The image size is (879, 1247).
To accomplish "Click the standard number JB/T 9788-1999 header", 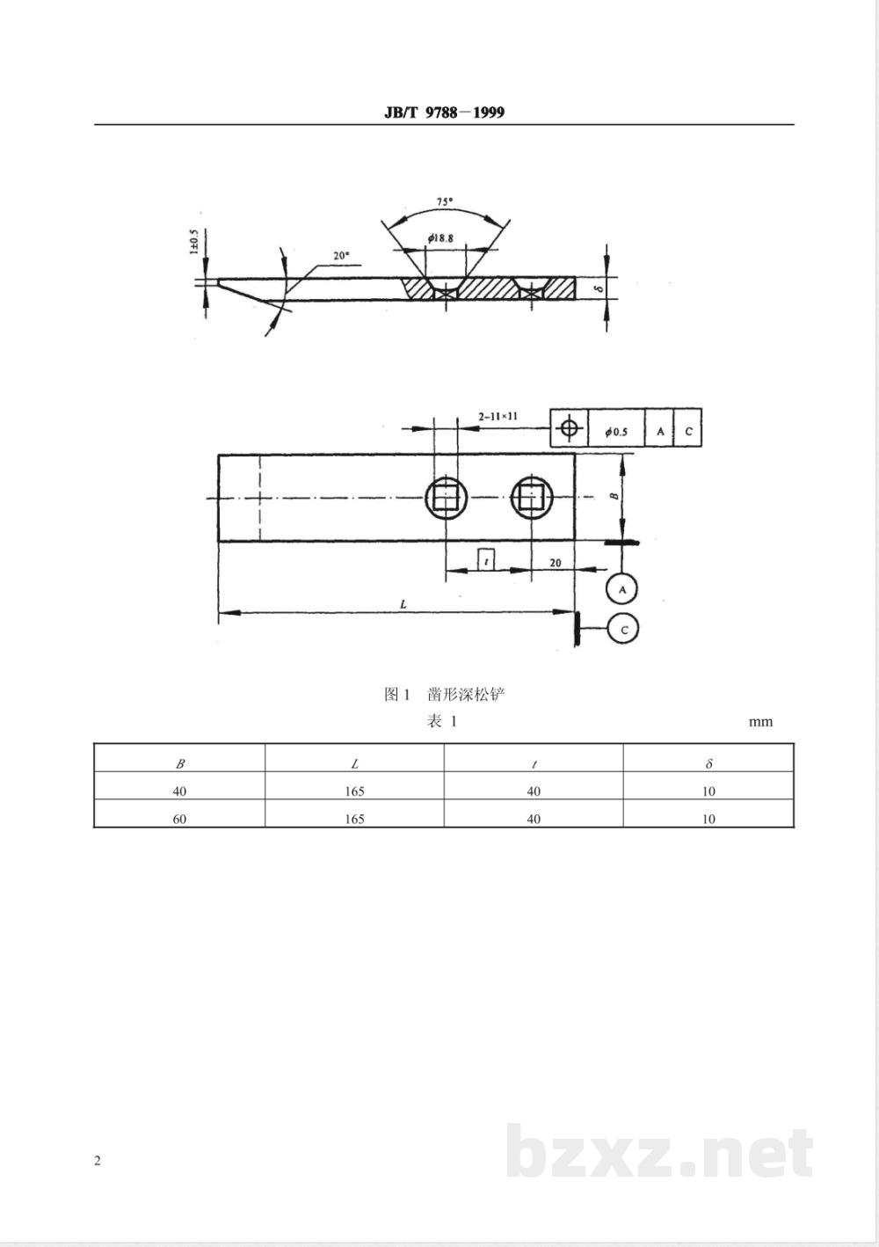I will coord(445,112).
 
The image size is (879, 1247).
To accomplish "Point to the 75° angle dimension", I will coord(446,202).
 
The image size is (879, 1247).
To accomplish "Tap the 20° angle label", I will coord(341,256).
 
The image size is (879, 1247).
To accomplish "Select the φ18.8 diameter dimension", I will coord(440,238).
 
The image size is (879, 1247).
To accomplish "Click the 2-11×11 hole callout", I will coord(498,414).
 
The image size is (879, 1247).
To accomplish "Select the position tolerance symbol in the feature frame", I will coord(570,429).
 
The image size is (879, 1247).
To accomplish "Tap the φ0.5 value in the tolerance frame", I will coord(616,432).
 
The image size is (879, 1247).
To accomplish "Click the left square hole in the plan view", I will coord(447,499).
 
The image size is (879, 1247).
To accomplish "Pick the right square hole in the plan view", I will coord(532,499).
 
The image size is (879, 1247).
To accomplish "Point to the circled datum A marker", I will coord(622,588).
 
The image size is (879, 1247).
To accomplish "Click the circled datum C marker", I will coord(623,630).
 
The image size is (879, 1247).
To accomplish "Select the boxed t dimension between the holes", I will coord(486,559).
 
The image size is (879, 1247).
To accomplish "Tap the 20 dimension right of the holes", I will coord(555,563).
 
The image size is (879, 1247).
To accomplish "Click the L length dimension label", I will coord(403,604).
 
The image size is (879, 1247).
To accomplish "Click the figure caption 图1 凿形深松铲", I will coord(445,695).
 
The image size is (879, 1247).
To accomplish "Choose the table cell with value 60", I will coord(179,819).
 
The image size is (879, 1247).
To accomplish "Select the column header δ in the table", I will coord(708,764).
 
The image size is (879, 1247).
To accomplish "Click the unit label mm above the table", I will coord(760,722).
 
